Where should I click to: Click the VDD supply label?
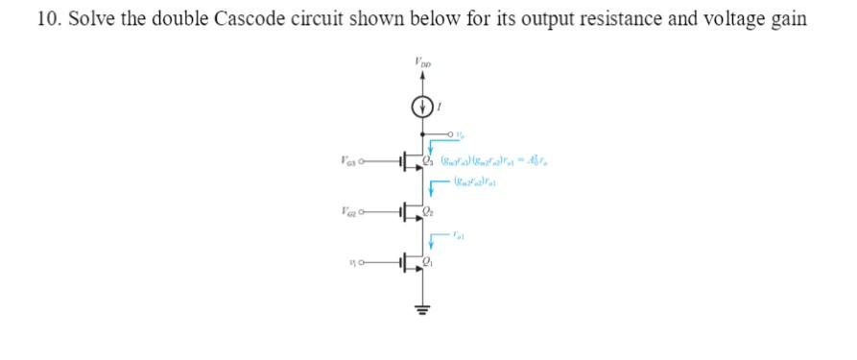click(423, 63)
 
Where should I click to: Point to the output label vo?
click(460, 135)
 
